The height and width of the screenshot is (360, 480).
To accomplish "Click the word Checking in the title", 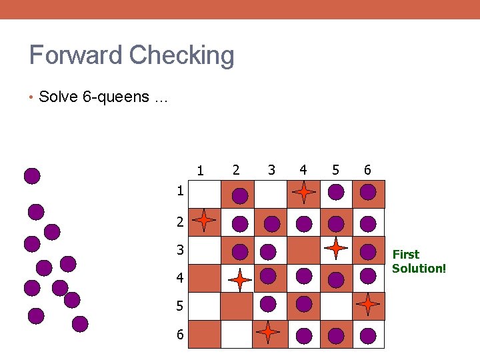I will click(x=182, y=56).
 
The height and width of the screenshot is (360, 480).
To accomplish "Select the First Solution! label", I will click(x=419, y=261).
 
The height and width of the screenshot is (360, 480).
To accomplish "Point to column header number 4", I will click(x=303, y=170).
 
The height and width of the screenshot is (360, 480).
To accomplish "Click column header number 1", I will click(x=201, y=171).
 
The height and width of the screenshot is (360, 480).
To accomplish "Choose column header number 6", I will click(x=367, y=170).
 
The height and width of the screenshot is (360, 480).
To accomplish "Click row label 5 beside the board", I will click(x=179, y=305).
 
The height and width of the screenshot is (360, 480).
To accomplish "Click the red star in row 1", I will click(x=303, y=193).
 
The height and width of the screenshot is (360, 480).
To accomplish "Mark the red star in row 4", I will click(x=239, y=279).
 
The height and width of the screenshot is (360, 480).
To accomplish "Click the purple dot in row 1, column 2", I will click(x=240, y=195).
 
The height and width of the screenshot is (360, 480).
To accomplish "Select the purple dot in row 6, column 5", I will click(x=336, y=335).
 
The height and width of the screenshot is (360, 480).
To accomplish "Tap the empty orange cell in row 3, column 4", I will click(x=303, y=250).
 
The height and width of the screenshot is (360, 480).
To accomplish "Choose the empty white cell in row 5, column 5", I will click(x=336, y=306).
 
